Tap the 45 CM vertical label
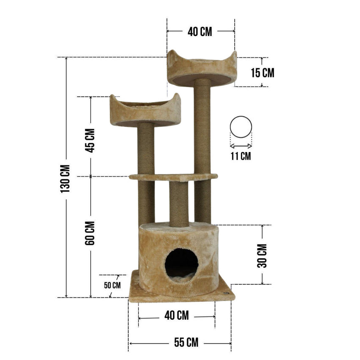click(90, 140)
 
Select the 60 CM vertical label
click(90, 233)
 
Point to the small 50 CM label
click(112, 285)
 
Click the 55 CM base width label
click(180, 342)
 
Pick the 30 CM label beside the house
click(262, 255)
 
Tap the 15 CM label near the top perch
click(262, 72)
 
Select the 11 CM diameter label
click(241, 156)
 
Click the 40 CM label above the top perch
click(200, 32)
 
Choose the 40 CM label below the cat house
click(177, 316)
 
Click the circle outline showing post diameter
click(241, 127)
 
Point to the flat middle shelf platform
click(173, 177)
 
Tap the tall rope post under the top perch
click(202, 127)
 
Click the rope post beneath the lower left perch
click(145, 148)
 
